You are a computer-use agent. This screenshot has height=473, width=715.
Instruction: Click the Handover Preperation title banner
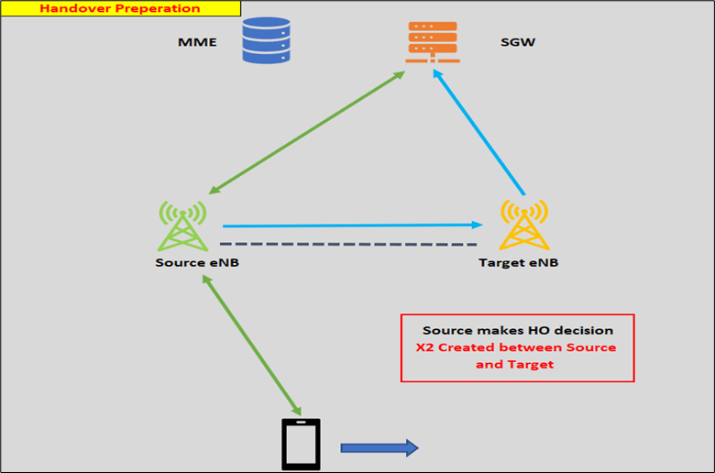click(x=120, y=9)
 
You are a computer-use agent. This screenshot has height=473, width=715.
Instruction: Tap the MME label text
click(x=196, y=43)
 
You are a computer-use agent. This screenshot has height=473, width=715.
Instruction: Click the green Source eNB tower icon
click(x=183, y=225)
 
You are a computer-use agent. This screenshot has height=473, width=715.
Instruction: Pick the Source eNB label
click(x=197, y=263)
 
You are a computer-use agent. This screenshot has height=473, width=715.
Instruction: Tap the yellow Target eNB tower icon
click(x=523, y=225)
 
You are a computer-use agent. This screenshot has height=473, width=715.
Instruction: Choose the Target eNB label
click(x=518, y=263)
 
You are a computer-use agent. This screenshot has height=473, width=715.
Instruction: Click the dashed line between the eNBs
click(x=348, y=245)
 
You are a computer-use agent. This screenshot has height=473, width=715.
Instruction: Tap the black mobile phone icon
click(x=300, y=445)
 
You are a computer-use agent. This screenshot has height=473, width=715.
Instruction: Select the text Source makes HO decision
click(x=517, y=330)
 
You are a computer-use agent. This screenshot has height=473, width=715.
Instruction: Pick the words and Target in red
click(x=517, y=364)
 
